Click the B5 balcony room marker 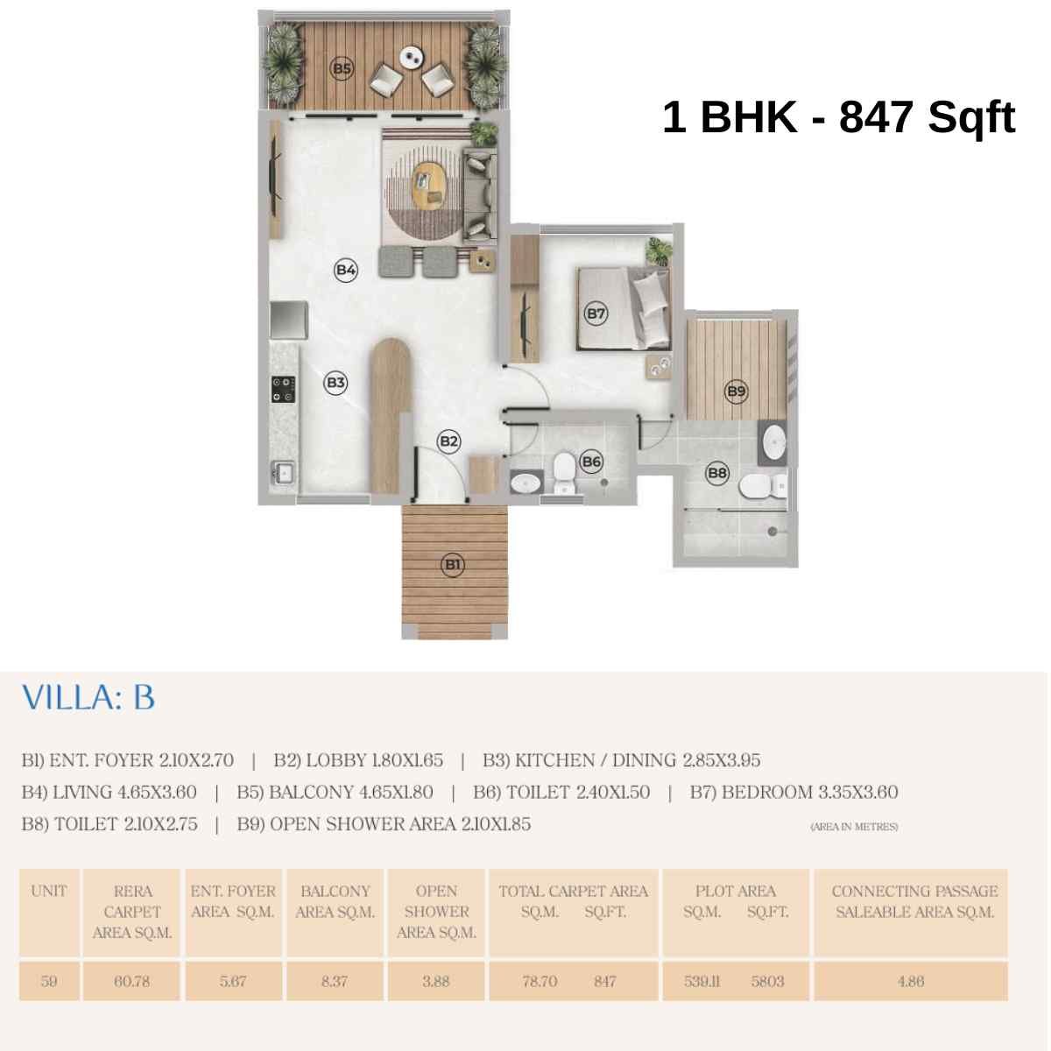(x=342, y=67)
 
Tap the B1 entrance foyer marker (x=452, y=565)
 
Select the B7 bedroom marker (x=596, y=313)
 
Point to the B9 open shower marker (x=736, y=391)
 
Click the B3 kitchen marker (x=335, y=382)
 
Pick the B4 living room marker (x=346, y=270)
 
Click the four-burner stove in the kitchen (x=283, y=389)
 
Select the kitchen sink (x=283, y=474)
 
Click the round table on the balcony (x=410, y=58)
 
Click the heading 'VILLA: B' (x=88, y=698)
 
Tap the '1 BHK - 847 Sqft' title (x=838, y=117)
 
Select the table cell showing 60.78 (x=131, y=981)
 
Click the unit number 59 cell (x=49, y=981)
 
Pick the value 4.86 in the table (x=911, y=981)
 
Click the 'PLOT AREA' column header (x=736, y=892)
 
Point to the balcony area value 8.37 (x=335, y=981)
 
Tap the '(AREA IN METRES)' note (x=854, y=826)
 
